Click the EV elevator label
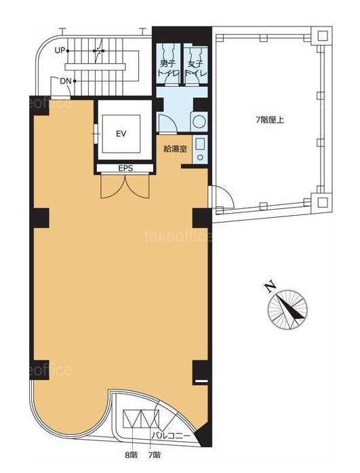121,133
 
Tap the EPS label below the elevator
125,168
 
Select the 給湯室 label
176,149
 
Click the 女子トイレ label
196,69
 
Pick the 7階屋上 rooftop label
270,120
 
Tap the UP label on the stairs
60,51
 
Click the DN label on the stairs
66,81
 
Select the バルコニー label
171,436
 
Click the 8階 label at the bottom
132,455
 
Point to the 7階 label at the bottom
155,455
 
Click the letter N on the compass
270,286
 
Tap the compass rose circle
287,310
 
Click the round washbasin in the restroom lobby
199,121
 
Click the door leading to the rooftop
222,197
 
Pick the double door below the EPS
125,186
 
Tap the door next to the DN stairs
60,88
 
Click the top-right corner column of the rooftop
322,36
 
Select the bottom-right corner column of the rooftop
322,202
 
